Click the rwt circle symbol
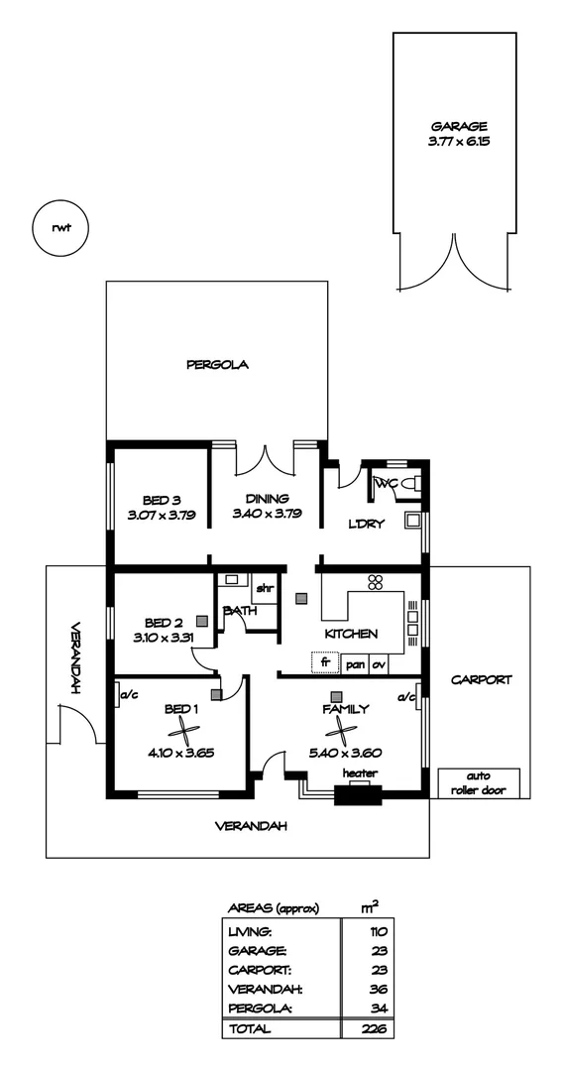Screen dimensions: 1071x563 (x=60, y=227)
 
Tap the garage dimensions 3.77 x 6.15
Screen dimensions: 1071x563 (x=458, y=142)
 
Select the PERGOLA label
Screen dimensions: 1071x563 (x=217, y=365)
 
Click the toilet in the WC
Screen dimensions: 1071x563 (x=413, y=485)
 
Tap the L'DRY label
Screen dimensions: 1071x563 (x=366, y=525)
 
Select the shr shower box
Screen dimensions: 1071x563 (x=264, y=589)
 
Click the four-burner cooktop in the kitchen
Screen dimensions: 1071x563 (x=375, y=582)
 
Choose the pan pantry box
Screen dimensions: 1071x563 (x=355, y=664)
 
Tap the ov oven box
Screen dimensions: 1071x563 (x=379, y=664)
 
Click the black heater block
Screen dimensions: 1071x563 (x=357, y=793)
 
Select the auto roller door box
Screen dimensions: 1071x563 (x=479, y=783)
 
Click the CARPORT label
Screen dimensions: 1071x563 (x=482, y=680)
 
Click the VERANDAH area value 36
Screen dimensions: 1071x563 (x=376, y=989)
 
